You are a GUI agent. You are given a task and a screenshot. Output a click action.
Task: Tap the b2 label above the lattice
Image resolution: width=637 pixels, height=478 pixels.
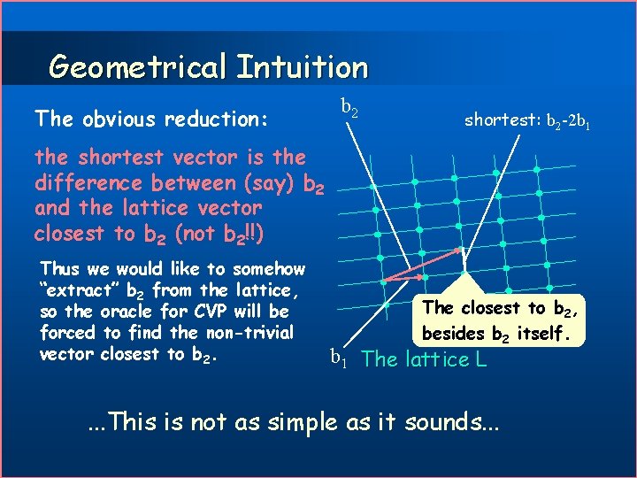pos(349,110)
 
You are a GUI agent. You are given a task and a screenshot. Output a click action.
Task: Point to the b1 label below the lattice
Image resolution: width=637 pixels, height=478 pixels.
pos(339,358)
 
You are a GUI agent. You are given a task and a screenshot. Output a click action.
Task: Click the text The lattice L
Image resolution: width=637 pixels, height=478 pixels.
pos(425,359)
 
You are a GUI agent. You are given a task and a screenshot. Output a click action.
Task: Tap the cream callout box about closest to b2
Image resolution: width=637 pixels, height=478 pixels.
pos(501,320)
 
